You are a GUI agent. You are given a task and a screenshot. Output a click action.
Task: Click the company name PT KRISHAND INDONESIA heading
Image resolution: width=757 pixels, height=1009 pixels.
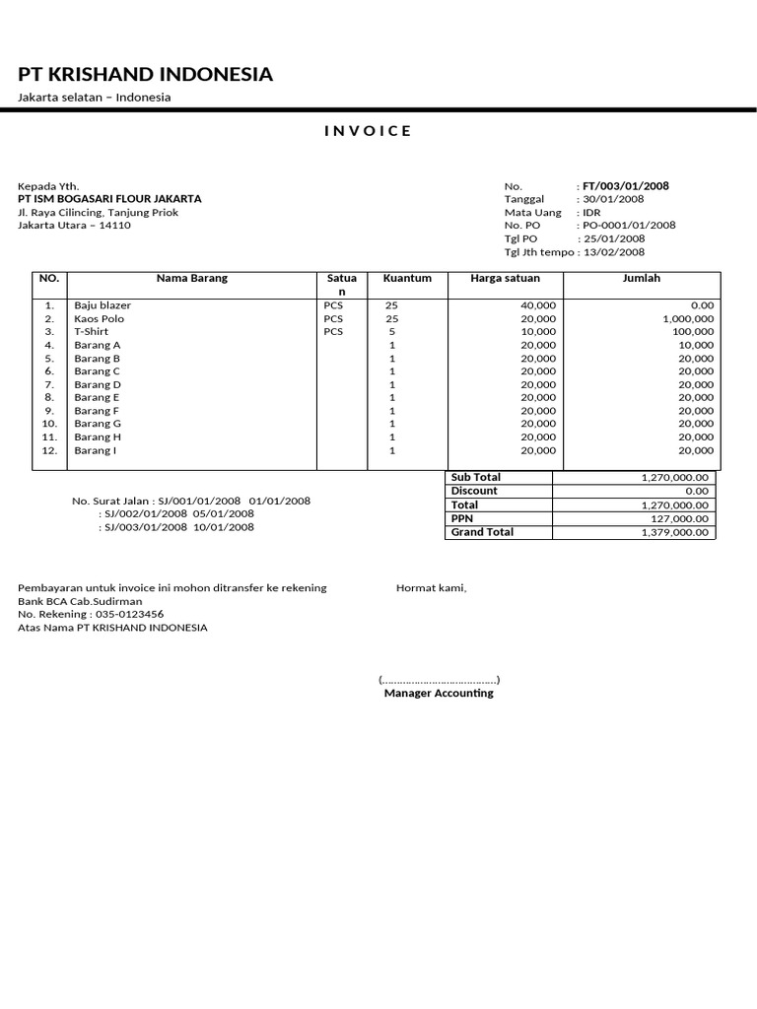(146, 75)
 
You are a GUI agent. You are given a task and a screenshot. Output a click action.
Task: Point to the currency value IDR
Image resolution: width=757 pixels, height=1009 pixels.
(591, 212)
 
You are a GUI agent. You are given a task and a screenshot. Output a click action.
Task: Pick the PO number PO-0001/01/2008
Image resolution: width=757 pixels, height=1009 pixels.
(629, 225)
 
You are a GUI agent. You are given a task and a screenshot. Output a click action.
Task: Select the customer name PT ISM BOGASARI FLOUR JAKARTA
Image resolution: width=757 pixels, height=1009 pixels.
(109, 199)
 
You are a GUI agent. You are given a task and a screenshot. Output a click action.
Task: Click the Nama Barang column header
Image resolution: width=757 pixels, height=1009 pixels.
(191, 278)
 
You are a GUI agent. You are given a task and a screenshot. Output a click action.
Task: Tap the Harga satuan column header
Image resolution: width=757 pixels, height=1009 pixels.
(505, 278)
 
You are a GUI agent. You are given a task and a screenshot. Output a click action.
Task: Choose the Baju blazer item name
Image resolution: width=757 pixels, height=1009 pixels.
(102, 305)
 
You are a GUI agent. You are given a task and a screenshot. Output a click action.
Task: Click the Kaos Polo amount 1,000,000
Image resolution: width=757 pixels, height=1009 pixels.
(688, 319)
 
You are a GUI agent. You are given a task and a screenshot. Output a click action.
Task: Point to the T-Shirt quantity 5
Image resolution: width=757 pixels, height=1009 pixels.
(392, 332)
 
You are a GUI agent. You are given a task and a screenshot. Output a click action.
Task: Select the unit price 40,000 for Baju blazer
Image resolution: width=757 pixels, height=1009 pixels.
(538, 305)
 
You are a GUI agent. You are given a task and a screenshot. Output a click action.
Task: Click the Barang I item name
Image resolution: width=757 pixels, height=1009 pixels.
(96, 450)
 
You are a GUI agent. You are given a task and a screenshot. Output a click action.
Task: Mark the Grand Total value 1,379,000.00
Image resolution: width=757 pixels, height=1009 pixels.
(674, 532)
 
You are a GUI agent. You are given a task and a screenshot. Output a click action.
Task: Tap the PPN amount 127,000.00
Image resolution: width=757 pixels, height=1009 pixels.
(677, 518)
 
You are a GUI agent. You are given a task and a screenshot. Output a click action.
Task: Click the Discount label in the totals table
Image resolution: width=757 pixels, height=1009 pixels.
(474, 491)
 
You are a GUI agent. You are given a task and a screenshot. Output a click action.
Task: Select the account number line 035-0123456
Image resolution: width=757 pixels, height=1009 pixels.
(91, 614)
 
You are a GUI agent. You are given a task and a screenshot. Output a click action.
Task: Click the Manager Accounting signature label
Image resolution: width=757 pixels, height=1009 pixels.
(439, 693)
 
